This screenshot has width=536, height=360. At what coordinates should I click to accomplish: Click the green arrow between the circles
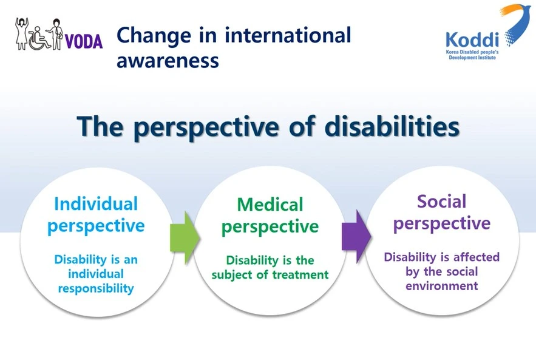pyautogui.click(x=185, y=238)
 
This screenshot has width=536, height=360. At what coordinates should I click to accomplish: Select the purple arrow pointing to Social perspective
pyautogui.click(x=356, y=237)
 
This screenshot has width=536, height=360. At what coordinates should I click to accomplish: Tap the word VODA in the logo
pyautogui.click(x=83, y=41)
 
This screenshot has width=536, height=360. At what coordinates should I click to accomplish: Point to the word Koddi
pyautogui.click(x=472, y=39)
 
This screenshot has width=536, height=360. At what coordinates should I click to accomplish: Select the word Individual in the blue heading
pyautogui.click(x=96, y=204)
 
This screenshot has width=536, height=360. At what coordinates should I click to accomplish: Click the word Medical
pyautogui.click(x=270, y=205)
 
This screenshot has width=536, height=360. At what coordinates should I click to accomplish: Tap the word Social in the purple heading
pyautogui.click(x=442, y=202)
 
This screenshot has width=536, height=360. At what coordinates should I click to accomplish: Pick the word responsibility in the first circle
pyautogui.click(x=96, y=288)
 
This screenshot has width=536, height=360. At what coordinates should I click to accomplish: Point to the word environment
pyautogui.click(x=442, y=286)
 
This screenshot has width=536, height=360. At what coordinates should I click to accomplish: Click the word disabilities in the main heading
pyautogui.click(x=392, y=126)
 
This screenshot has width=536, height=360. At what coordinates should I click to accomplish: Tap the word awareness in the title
pyautogui.click(x=168, y=61)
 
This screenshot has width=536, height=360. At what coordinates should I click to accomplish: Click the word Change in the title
pyautogui.click(x=154, y=36)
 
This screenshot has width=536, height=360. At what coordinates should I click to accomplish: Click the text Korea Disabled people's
pyautogui.click(x=472, y=52)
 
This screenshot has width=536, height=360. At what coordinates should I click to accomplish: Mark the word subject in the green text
pyautogui.click(x=232, y=275)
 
